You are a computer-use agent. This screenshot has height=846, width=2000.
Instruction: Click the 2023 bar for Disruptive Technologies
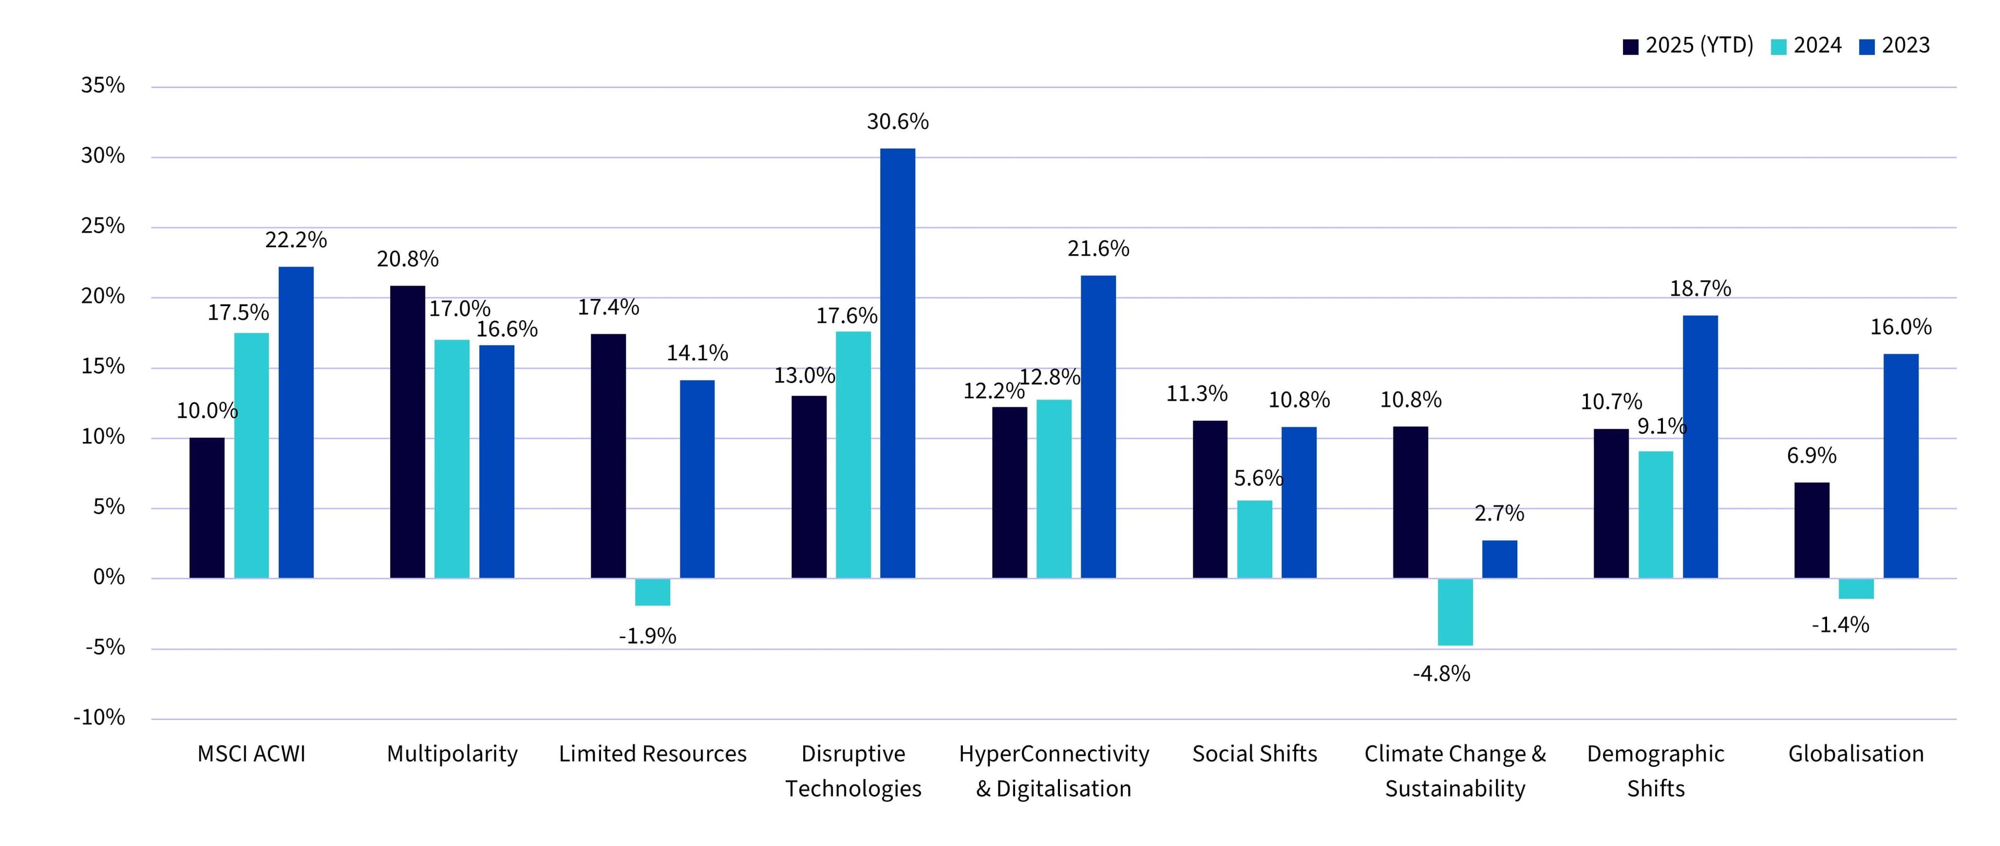897,363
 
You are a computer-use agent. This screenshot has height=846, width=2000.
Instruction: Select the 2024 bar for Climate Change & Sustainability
1455,612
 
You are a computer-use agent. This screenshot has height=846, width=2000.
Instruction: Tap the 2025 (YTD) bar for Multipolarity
408,432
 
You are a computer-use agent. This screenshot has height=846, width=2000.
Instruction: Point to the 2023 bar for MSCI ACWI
296,422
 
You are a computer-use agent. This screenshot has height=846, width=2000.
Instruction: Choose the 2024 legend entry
1806,46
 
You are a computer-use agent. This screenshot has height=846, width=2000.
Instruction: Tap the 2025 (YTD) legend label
1699,46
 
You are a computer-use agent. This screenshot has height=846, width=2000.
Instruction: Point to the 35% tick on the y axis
103,85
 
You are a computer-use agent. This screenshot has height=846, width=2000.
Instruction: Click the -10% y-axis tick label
99,717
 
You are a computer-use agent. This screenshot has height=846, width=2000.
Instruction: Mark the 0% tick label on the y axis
109,577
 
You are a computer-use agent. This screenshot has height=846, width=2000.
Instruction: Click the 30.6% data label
897,122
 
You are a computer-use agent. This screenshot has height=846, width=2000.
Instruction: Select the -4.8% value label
1442,674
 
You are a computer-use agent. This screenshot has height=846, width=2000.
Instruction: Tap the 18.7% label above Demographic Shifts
1701,289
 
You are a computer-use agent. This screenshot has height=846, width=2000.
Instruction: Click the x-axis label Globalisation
1856,754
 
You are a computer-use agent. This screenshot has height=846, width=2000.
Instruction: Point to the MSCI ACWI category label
252,754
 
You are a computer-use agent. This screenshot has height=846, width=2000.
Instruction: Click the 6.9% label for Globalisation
1811,456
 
